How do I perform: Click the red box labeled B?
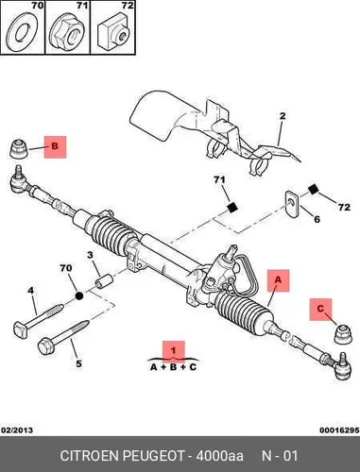point(55,147)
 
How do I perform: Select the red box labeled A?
point(279,280)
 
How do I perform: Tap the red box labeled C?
point(320,310)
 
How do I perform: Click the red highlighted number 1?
point(174,350)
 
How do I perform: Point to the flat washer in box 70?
point(22,32)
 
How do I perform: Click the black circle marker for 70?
point(79,295)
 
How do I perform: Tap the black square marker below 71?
point(232,208)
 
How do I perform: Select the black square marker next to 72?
point(313,190)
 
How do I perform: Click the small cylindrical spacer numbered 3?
point(104,280)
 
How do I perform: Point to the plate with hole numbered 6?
point(292,202)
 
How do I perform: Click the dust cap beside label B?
point(19,148)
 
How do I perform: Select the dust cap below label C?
point(343,334)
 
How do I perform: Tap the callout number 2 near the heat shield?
point(283,116)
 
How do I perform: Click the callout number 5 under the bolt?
point(78,363)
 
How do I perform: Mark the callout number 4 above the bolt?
point(30,291)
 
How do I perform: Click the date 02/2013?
point(17,430)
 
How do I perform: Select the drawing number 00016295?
point(339,430)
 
